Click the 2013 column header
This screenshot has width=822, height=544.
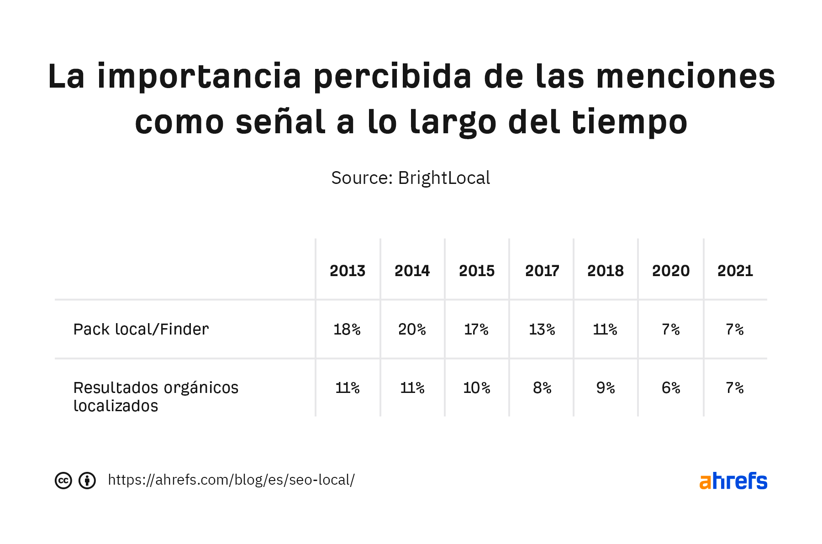[348, 271]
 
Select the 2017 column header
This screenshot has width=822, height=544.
[542, 271]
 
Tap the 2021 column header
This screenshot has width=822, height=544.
[735, 271]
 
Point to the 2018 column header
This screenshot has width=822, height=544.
[605, 271]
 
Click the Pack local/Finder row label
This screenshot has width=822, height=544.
[141, 329]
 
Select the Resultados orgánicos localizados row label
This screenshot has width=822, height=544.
[155, 396]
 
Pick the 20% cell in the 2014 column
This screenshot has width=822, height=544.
[412, 329]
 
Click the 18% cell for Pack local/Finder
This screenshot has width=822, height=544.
[347, 329]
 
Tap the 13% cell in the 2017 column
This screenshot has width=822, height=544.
[542, 329]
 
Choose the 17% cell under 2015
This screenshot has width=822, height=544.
[476, 329]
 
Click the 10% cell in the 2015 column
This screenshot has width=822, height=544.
[476, 387]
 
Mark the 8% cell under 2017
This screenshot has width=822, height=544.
[542, 387]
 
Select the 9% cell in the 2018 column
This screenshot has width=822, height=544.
[605, 387]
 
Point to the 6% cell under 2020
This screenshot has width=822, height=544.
[671, 387]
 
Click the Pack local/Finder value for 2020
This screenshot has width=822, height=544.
[671, 329]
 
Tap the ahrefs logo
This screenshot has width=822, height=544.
[733, 481]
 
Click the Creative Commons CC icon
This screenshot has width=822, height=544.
[63, 481]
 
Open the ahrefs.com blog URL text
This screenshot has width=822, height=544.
[231, 480]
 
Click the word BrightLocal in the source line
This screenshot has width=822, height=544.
[444, 178]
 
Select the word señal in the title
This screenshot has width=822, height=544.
[280, 122]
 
